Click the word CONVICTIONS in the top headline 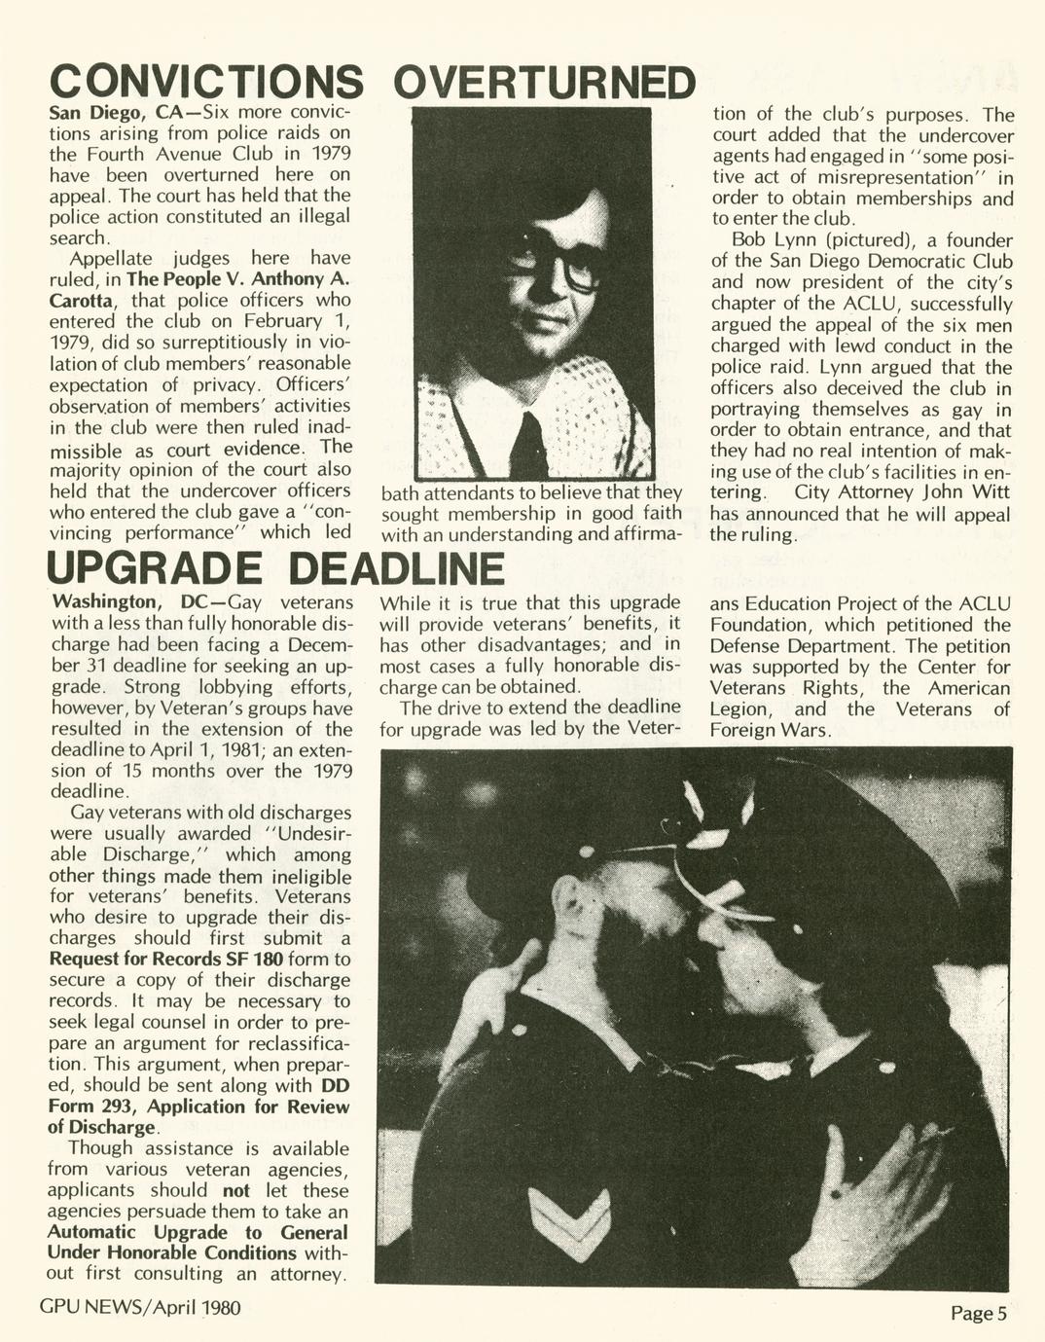[x=206, y=84]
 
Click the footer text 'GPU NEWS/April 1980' [x=140, y=1307]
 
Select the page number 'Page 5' [x=978, y=1314]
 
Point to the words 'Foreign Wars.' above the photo [x=771, y=731]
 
